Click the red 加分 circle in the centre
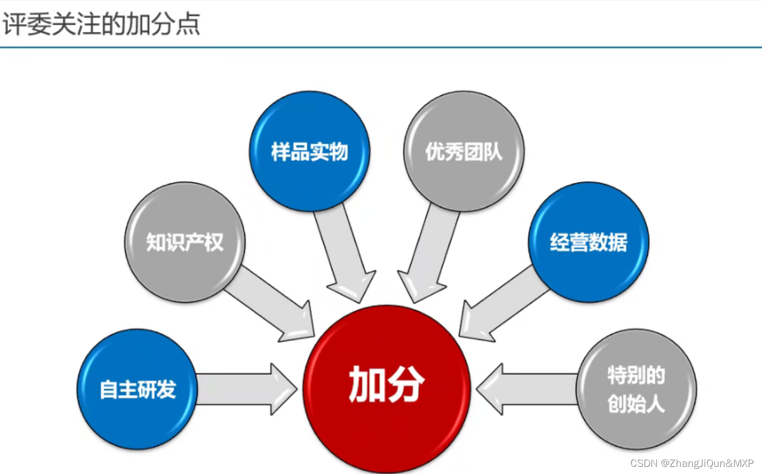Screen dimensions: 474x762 (386, 389)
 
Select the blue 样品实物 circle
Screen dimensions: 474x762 (309, 151)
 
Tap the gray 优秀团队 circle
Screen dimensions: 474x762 (464, 151)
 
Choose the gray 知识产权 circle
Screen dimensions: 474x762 (185, 242)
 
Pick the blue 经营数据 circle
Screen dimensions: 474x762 (588, 242)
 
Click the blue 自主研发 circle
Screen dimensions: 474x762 (137, 389)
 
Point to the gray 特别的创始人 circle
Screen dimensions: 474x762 (636, 389)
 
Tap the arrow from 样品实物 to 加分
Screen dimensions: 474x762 (344, 252)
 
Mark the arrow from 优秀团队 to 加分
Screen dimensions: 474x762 (429, 252)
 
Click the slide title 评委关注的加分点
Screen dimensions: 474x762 (101, 25)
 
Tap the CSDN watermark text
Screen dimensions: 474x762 (692, 463)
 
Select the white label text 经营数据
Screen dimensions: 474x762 (588, 242)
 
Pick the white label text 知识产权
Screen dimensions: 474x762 (185, 242)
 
